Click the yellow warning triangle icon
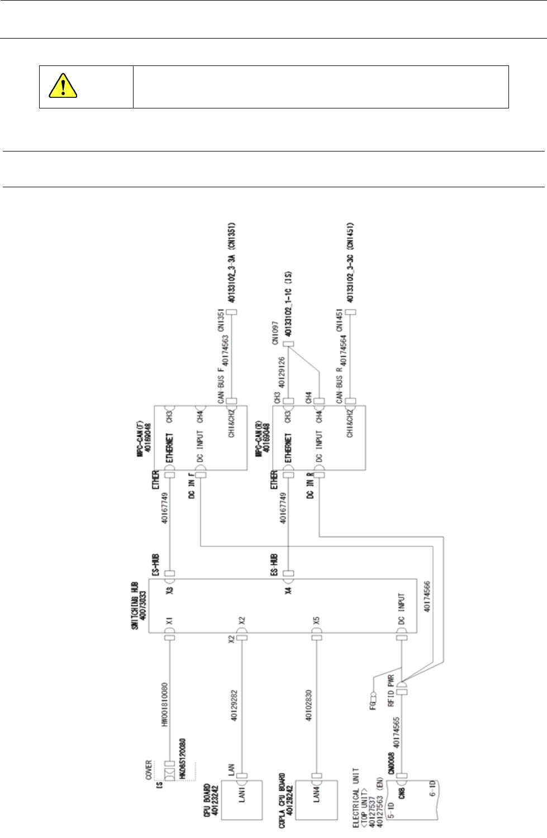pyautogui.click(x=63, y=86)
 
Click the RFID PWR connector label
pyautogui.click(x=391, y=691)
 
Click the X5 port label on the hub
pyautogui.click(x=316, y=621)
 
